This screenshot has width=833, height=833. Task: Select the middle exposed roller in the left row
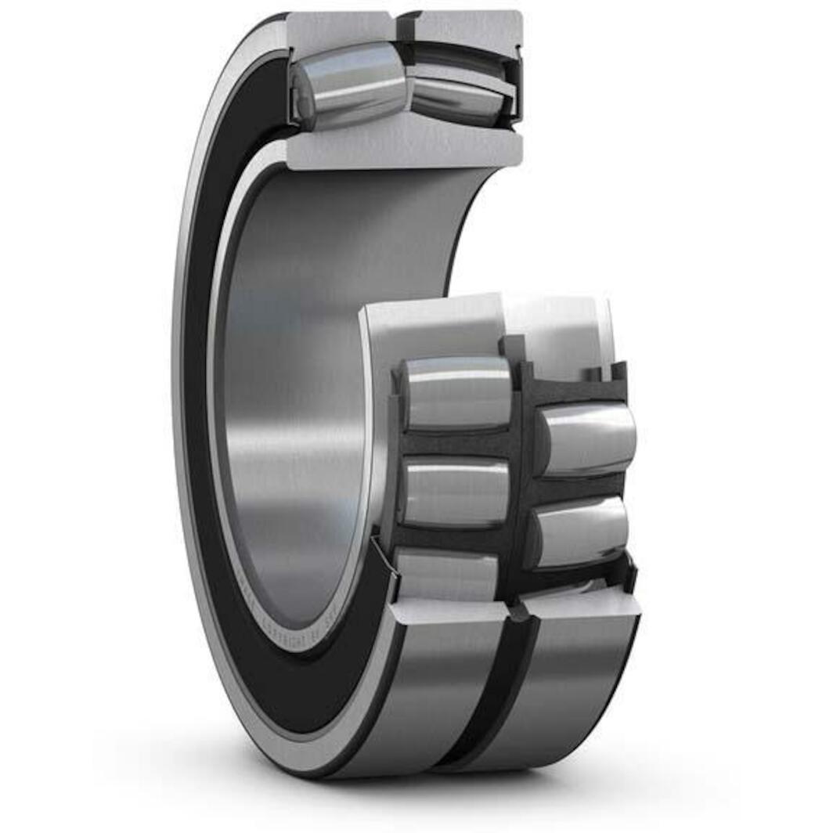point(454,492)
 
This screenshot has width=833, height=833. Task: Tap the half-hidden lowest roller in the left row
point(446,575)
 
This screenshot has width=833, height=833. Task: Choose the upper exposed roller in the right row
point(587,438)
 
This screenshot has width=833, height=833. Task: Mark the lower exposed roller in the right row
point(579,531)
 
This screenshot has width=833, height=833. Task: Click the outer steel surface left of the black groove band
point(438,689)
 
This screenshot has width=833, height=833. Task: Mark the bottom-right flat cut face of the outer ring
point(579,603)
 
